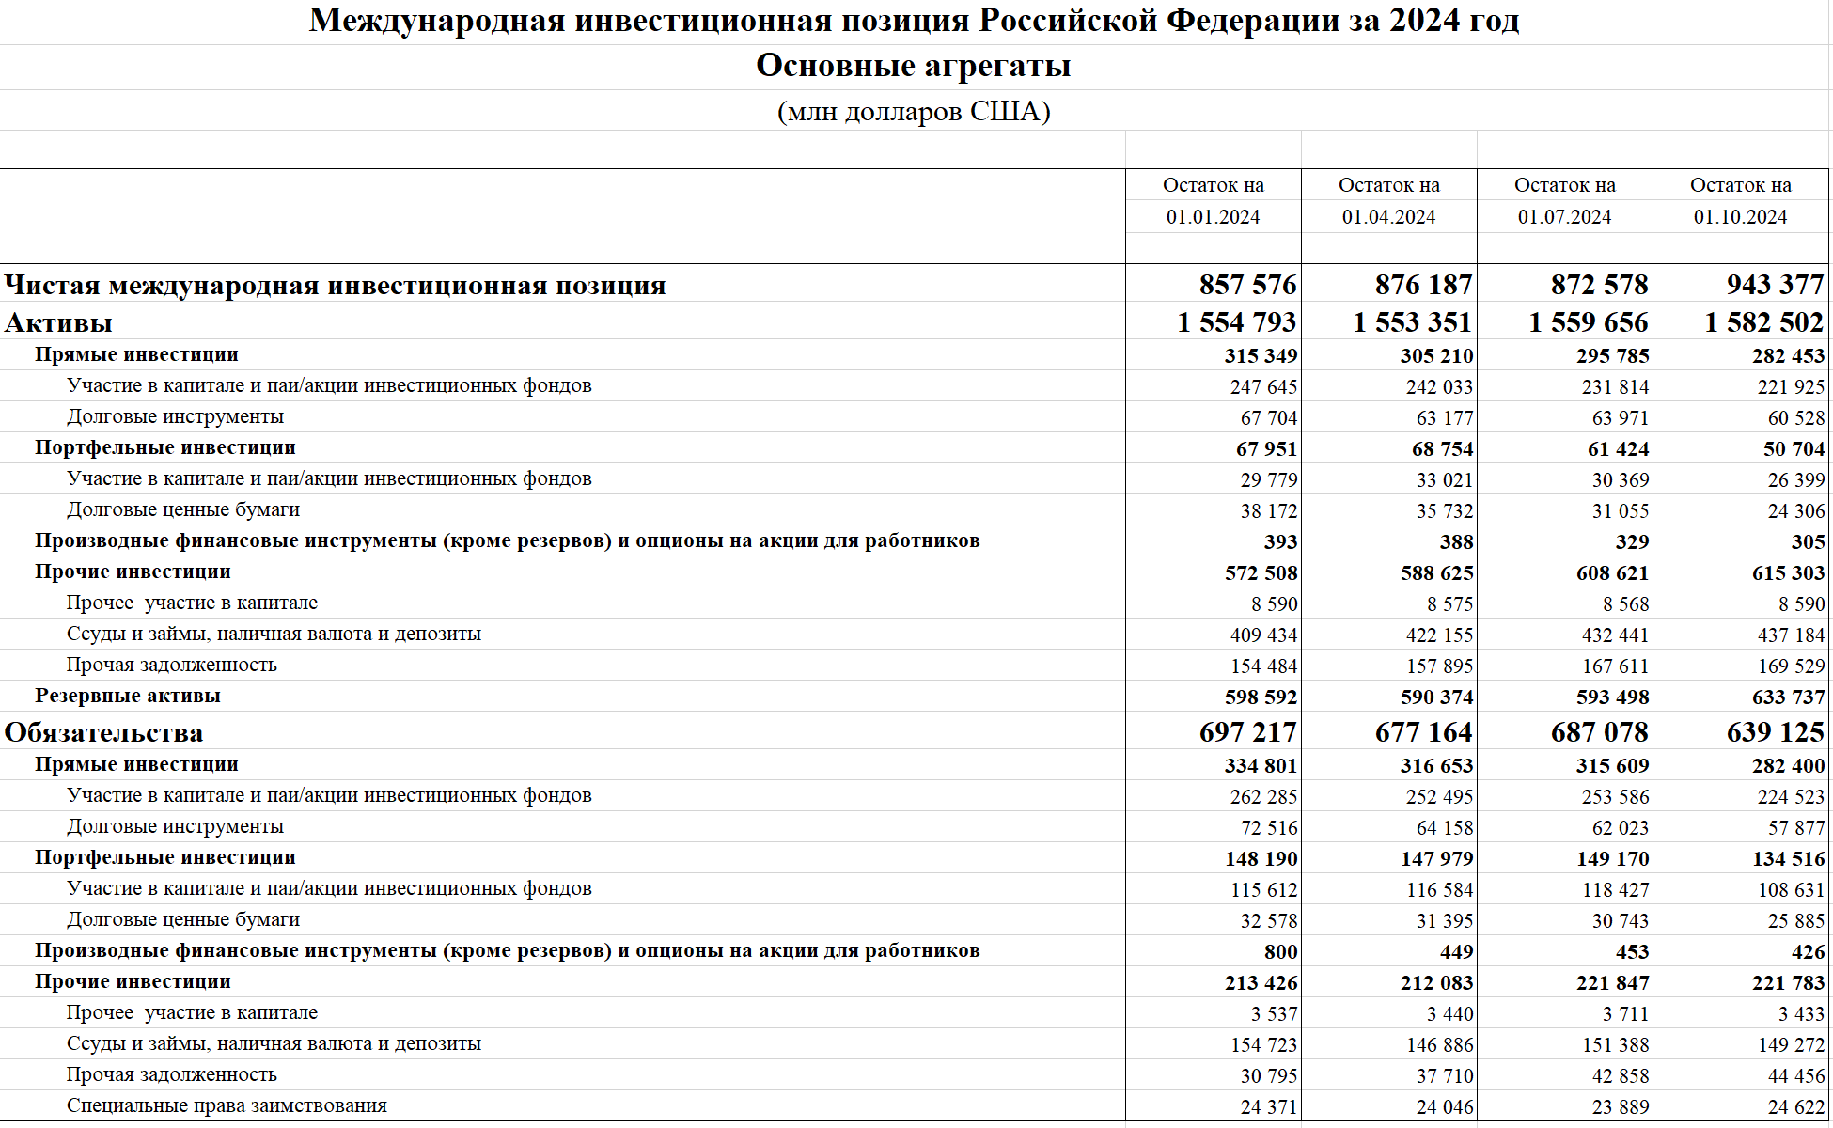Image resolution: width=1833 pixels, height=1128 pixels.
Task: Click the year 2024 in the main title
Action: (x=1425, y=21)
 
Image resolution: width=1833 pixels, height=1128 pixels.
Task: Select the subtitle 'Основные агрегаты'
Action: (x=914, y=66)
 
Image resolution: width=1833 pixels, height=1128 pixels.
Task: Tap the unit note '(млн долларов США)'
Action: (x=914, y=112)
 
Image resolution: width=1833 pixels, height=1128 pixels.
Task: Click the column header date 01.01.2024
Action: (x=1213, y=217)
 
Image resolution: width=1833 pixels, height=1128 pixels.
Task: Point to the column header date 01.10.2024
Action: (x=1740, y=217)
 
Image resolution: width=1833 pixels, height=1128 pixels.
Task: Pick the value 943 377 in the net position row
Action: (x=1775, y=285)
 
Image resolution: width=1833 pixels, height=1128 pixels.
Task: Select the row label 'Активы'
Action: (x=58, y=323)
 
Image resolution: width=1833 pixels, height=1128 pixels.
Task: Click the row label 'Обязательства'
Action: (x=103, y=733)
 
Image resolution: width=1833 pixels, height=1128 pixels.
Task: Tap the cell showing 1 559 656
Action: (x=1588, y=323)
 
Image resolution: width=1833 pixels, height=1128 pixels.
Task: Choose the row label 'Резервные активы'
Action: (x=128, y=697)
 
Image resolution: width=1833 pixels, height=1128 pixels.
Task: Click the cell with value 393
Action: (x=1280, y=542)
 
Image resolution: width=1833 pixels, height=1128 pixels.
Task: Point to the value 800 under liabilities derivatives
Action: (x=1280, y=952)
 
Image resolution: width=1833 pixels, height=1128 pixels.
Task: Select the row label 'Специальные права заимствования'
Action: (x=227, y=1106)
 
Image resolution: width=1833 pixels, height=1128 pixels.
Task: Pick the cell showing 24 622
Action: (x=1795, y=1107)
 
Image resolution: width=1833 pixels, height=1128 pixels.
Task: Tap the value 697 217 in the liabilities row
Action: (x=1247, y=733)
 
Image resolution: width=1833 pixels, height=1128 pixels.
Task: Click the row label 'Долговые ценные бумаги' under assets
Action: (x=183, y=510)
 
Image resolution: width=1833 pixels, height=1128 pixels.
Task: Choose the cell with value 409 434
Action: (x=1263, y=635)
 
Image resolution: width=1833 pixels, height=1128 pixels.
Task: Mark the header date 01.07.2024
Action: (x=1564, y=217)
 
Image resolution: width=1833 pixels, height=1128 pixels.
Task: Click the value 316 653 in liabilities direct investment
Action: (x=1436, y=766)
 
